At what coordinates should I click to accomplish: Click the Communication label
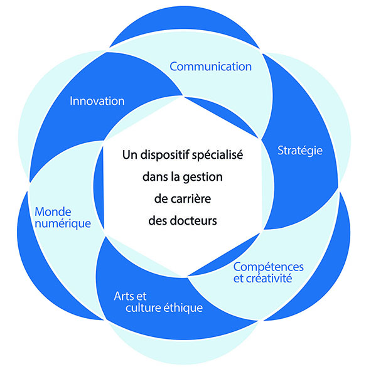[x=210, y=67]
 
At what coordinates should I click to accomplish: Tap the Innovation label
[x=97, y=101]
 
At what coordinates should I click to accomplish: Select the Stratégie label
[x=300, y=151]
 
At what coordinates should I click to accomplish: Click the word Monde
[x=53, y=212]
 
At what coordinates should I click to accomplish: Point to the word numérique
[x=63, y=224]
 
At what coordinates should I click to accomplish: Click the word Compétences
[x=269, y=267]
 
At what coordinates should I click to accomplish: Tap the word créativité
[x=269, y=279]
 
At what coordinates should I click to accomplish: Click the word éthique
[x=183, y=307]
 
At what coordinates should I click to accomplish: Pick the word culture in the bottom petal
[x=143, y=307]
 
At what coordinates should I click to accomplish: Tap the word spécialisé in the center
[x=218, y=155]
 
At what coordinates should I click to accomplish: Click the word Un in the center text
[x=130, y=155]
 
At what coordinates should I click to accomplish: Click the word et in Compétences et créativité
[x=238, y=279]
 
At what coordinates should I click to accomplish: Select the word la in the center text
[x=175, y=177]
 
